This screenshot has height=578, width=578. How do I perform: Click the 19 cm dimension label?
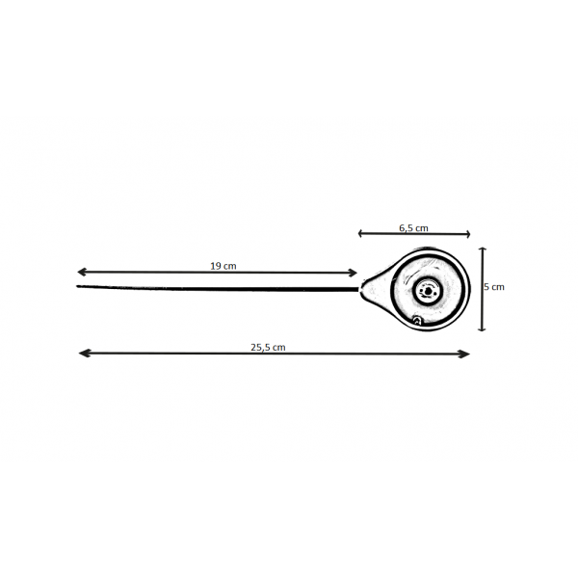tap(223, 266)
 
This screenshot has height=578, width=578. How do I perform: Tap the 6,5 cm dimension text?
tap(413, 228)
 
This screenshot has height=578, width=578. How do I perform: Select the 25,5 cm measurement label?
tap(268, 347)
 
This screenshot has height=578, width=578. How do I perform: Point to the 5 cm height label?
tap(494, 287)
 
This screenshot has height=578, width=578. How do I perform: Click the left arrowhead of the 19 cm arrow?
tap(81, 272)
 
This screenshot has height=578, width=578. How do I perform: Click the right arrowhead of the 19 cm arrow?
tap(354, 273)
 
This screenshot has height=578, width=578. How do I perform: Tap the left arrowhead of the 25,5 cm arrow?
tap(83, 354)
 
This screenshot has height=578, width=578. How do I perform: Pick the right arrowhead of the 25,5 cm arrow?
tap(465, 355)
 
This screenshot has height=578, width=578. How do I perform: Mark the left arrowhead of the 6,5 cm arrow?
tap(360, 233)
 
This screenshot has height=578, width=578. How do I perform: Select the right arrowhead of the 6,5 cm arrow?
tap(468, 234)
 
